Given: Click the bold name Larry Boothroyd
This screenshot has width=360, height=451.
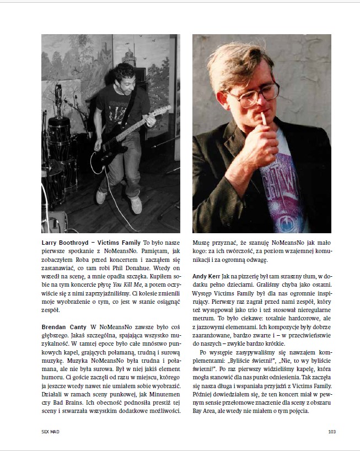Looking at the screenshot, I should tap(63, 242).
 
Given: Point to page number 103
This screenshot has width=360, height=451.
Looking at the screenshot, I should tap(332, 431).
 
